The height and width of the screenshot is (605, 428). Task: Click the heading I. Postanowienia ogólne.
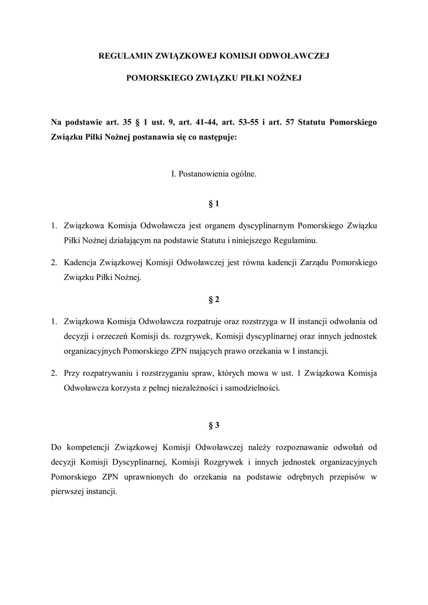click(x=213, y=175)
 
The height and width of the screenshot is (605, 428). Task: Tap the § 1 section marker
click(x=214, y=204)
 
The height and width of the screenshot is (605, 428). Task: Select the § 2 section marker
click(x=214, y=300)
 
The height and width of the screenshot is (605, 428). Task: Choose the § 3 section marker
click(x=214, y=425)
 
